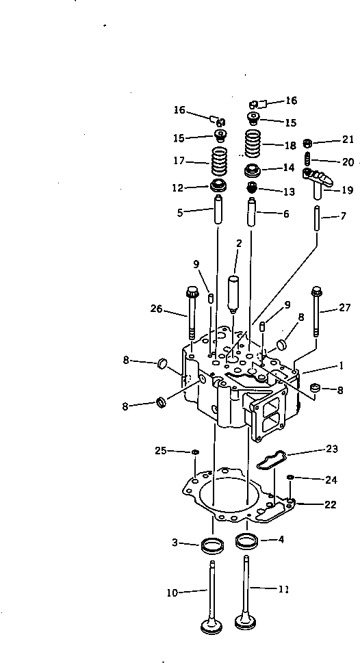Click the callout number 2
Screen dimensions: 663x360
[239, 243]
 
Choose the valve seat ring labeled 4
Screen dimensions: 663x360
[246, 541]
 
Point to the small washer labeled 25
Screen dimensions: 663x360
[196, 452]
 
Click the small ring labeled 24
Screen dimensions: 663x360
[290, 477]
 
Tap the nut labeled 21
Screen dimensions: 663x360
[308, 143]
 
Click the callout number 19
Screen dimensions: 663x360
[348, 191]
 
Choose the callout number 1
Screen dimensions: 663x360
[340, 366]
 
